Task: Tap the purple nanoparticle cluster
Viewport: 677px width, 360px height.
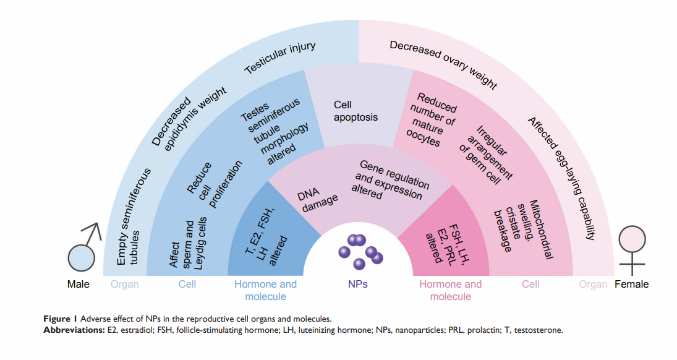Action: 360,251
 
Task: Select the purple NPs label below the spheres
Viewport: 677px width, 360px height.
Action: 359,285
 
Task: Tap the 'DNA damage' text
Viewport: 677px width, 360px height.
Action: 318,199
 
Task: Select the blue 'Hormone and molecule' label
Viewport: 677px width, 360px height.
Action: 265,290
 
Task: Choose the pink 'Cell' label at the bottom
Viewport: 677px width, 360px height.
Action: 530,285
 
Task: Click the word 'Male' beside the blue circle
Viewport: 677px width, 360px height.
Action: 79,285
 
